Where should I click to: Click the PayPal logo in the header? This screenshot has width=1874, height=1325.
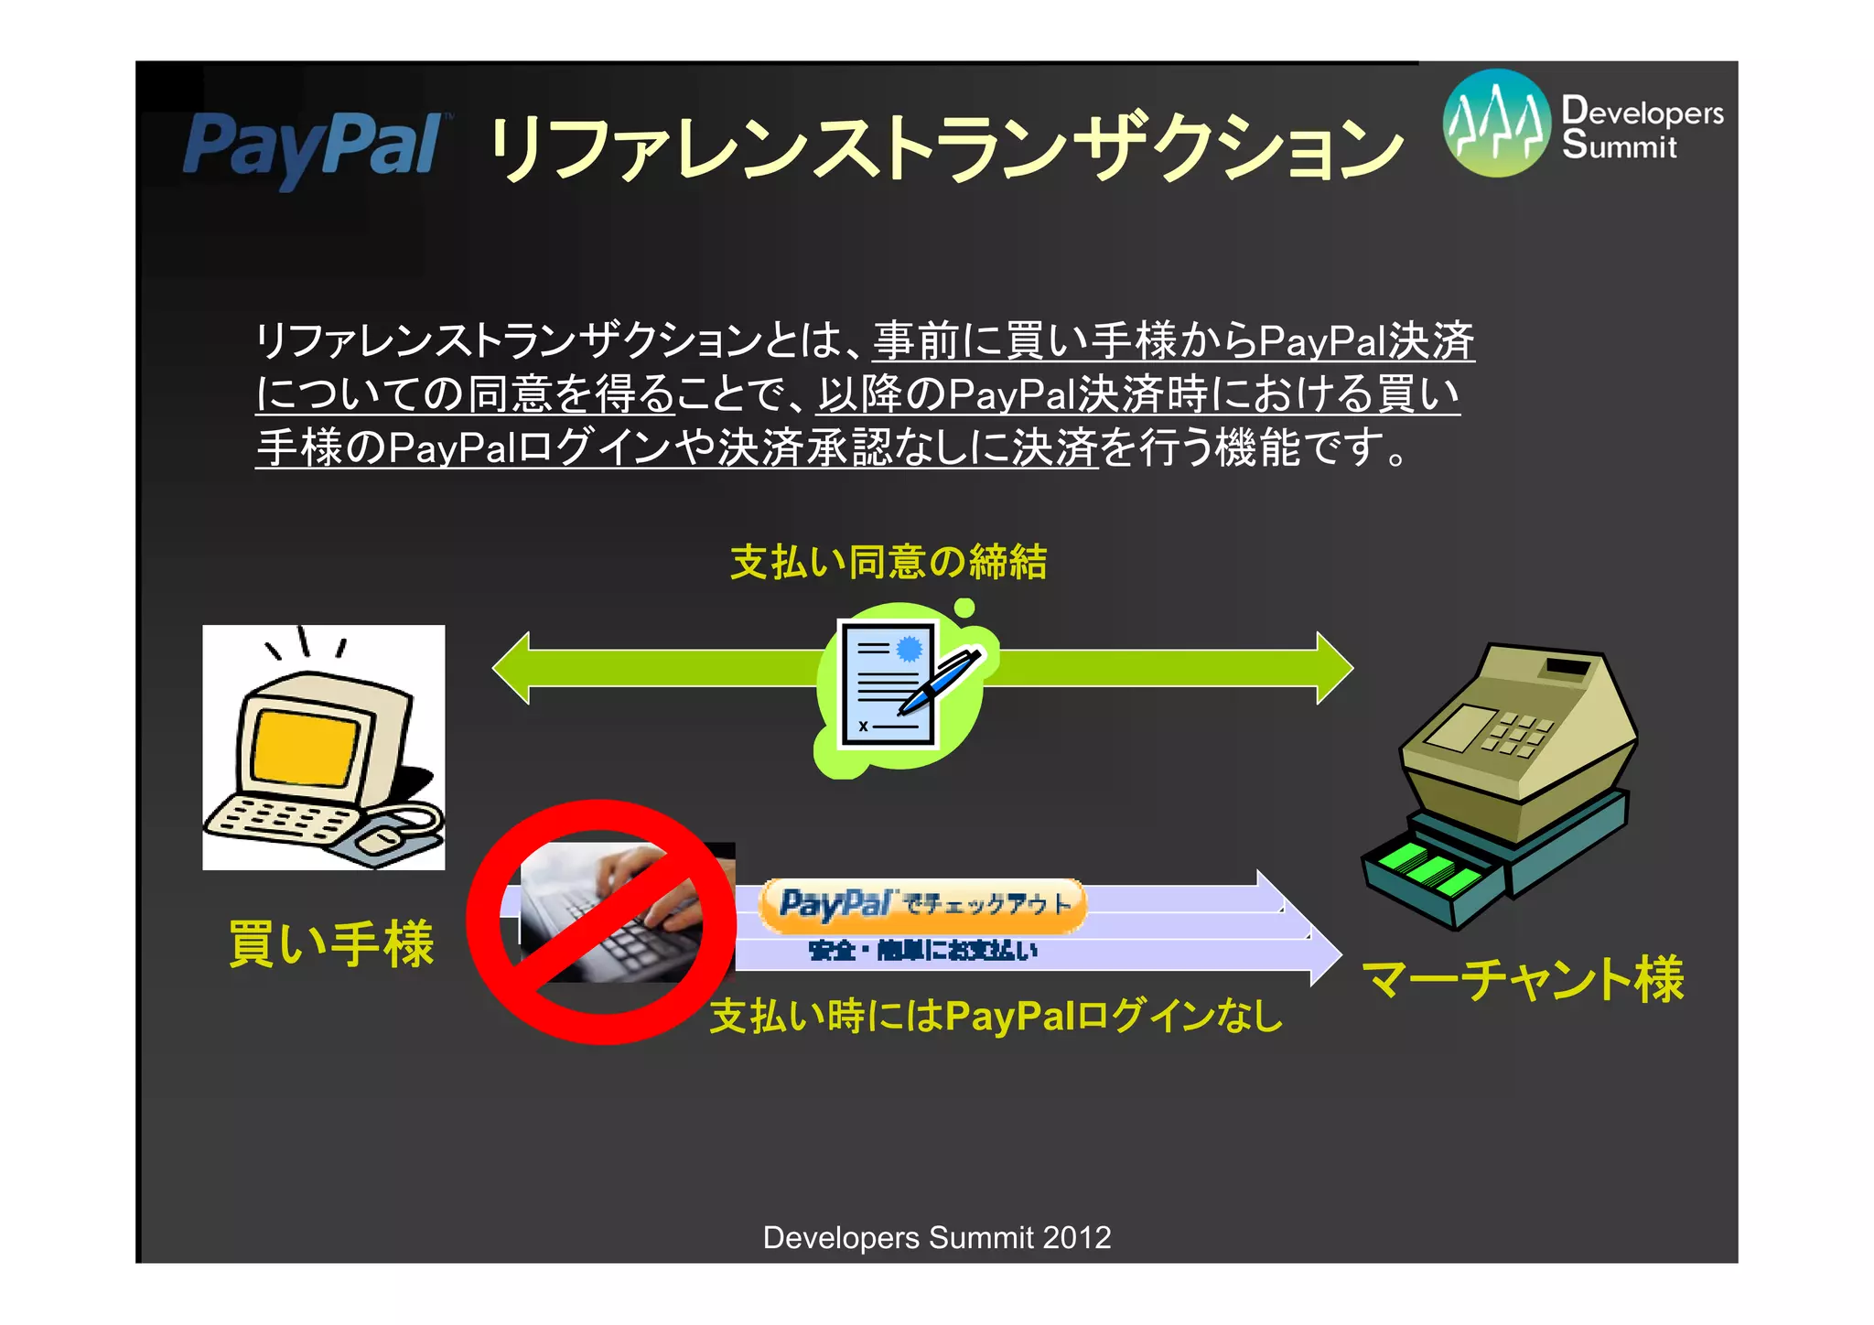coord(311,146)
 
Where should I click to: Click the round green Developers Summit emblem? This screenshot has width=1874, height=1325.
coord(1496,124)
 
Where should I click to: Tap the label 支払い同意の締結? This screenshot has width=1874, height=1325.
coord(888,562)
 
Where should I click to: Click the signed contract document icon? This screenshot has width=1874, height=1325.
coord(886,684)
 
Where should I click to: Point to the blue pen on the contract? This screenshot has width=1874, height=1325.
coord(938,683)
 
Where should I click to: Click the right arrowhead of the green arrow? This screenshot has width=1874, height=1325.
coord(1333,668)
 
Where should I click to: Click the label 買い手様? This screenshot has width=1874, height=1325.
coord(331,944)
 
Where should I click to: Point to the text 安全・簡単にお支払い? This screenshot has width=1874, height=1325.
coord(922,951)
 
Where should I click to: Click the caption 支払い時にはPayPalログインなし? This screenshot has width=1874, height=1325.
coord(996,1016)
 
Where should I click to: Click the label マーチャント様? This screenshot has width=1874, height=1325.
coord(1523,979)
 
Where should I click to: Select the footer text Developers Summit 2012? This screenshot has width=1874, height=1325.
coord(937,1237)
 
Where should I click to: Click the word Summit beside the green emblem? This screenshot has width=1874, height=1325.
coord(1620,145)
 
